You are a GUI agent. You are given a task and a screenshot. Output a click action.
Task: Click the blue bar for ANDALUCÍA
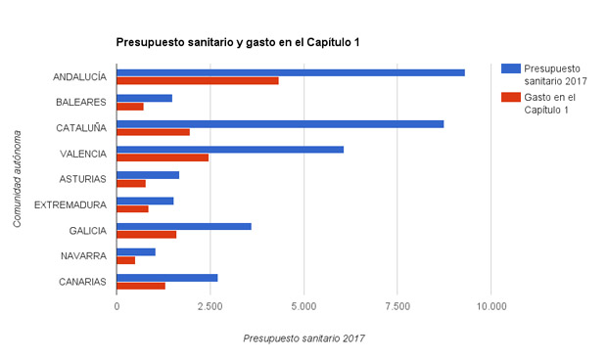pyautogui.click(x=291, y=72)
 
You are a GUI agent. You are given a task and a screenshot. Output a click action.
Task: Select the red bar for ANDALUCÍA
pyautogui.click(x=198, y=81)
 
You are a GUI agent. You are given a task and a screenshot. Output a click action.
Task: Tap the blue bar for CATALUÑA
pyautogui.click(x=280, y=123)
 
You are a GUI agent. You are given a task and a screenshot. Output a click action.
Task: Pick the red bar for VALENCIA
pyautogui.click(x=163, y=157)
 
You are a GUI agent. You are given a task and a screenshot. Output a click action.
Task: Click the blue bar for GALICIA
pyautogui.click(x=184, y=226)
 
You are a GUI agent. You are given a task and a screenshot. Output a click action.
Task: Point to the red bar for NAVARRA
pyautogui.click(x=126, y=260)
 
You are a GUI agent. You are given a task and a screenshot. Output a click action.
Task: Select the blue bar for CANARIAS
pyautogui.click(x=167, y=277)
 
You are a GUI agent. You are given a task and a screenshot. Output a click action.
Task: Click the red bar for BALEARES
pyautogui.click(x=130, y=107)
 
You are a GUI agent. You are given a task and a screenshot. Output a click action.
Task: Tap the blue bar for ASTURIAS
pyautogui.click(x=148, y=175)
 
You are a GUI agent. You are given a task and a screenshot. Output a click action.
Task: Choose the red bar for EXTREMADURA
pyautogui.click(x=132, y=208)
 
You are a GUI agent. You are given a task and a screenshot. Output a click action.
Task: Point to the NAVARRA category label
pyautogui.click(x=82, y=255)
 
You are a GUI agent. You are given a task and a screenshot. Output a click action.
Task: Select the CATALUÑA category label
pyautogui.click(x=81, y=128)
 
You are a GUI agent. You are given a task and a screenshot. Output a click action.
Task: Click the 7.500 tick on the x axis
pyautogui.click(x=397, y=305)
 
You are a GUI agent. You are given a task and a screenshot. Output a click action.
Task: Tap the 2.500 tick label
pyautogui.click(x=210, y=305)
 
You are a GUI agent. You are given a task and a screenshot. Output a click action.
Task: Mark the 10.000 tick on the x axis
pyautogui.click(x=491, y=305)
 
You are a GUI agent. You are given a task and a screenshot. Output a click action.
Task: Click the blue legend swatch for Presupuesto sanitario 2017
pyautogui.click(x=510, y=67)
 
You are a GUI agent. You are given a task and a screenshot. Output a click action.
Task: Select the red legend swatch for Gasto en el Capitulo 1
pyautogui.click(x=510, y=97)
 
